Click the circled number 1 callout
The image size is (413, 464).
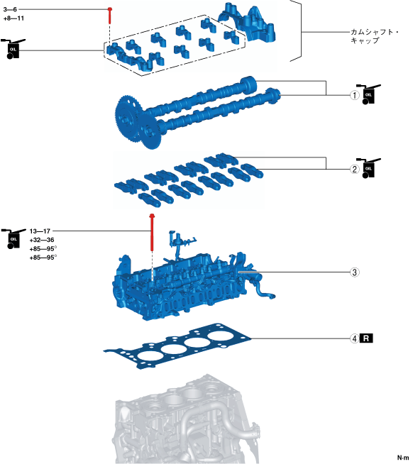point(355,95)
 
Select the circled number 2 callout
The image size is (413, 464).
point(355,170)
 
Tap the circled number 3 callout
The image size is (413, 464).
point(355,272)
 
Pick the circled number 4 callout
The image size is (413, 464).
point(355,338)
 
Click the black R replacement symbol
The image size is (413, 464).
point(366,338)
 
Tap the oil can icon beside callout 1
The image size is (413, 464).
point(368,94)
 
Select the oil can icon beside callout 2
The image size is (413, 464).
point(368,167)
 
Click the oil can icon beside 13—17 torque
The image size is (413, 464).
point(13,238)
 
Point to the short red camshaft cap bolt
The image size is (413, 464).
point(110,16)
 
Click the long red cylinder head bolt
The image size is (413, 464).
point(152,232)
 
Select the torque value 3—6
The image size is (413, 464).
point(10,9)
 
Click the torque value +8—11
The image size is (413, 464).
point(13,18)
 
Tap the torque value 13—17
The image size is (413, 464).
point(40,231)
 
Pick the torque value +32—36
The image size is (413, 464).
point(42,240)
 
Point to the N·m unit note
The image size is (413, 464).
point(403,458)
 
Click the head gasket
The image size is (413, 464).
point(177,346)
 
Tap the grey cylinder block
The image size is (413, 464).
point(187,419)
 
